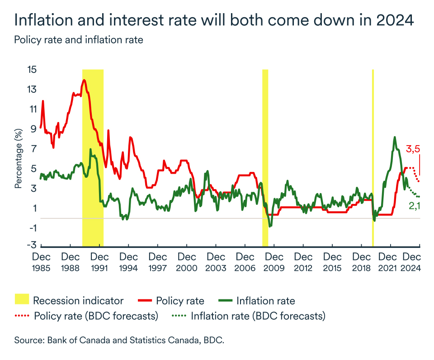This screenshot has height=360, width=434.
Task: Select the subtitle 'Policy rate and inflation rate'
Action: click(79, 40)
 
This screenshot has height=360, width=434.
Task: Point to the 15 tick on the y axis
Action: click(32, 70)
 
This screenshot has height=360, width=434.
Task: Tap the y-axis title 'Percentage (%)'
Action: click(19, 158)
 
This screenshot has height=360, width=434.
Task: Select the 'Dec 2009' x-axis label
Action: click(274, 262)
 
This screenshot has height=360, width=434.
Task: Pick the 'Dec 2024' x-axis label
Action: click(412, 262)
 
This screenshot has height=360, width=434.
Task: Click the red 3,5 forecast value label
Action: click(414, 149)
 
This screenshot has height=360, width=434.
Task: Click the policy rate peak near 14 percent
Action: click(84, 81)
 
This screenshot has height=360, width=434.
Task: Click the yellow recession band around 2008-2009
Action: click(265, 136)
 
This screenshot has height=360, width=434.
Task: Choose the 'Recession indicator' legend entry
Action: click(78, 300)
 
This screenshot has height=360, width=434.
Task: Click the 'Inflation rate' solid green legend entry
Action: click(265, 300)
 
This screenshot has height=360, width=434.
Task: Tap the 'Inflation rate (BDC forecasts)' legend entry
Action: click(258, 316)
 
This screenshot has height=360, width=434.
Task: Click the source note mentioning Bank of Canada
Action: click(119, 340)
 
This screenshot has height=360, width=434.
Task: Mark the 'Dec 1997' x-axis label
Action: click(158, 262)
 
